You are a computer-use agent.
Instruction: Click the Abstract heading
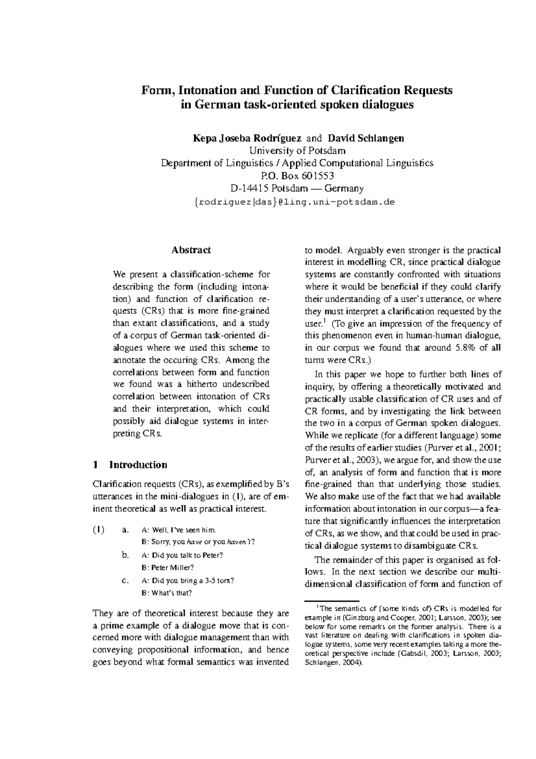click(x=191, y=250)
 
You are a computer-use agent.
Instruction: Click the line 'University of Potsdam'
click(x=297, y=151)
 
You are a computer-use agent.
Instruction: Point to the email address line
click(x=295, y=202)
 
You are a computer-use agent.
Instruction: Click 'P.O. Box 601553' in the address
click(x=297, y=176)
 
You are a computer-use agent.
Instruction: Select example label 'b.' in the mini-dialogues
click(x=125, y=555)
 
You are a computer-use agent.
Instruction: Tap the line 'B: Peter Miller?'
click(x=167, y=568)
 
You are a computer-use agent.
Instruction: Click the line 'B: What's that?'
click(x=167, y=593)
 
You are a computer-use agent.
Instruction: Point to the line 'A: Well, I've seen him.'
click(x=178, y=530)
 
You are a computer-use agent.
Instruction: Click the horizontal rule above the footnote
click(x=332, y=601)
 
